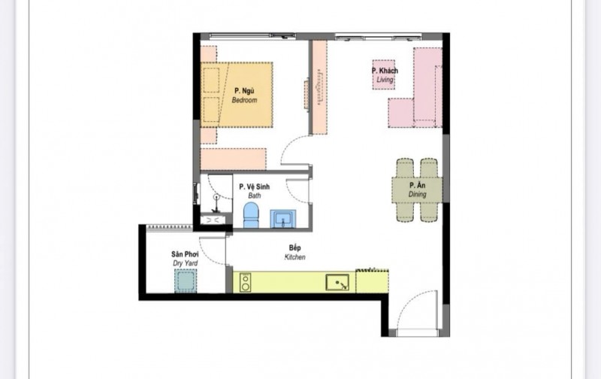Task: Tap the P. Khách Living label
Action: click(x=385, y=74)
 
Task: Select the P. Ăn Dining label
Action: click(x=417, y=189)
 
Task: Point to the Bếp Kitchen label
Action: click(x=294, y=252)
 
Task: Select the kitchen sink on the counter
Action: click(x=337, y=283)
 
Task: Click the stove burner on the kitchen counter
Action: click(x=245, y=283)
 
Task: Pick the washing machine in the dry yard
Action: click(x=185, y=282)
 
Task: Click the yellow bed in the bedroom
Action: click(x=237, y=94)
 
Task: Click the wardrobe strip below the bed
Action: click(x=233, y=159)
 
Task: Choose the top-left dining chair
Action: click(x=404, y=168)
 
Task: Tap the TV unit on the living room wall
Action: click(x=319, y=87)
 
